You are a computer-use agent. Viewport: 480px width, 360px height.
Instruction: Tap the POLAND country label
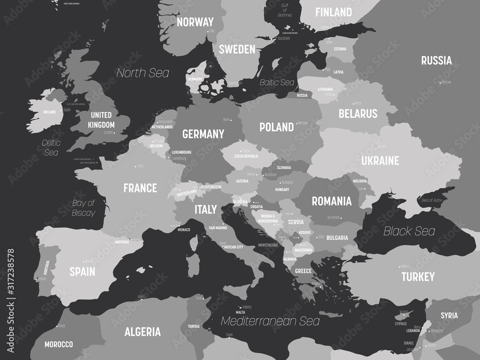[276, 127]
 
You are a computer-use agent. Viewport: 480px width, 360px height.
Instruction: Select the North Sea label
[143, 73]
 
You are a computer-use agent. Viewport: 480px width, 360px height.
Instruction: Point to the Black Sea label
[409, 231]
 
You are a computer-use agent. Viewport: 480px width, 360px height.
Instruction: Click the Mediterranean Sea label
[270, 321]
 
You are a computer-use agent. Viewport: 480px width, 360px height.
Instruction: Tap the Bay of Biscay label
[84, 208]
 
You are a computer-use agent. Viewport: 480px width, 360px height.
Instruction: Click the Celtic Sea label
[50, 147]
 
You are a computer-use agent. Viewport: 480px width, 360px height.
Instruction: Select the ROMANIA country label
[332, 201]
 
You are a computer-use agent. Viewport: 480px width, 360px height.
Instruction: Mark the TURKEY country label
[418, 276]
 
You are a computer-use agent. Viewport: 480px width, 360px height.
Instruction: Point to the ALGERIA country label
[143, 332]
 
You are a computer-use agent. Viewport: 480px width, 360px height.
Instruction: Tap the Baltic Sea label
[276, 83]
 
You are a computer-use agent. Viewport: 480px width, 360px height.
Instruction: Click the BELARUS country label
[358, 114]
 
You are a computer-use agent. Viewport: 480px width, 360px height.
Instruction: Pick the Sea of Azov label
[431, 200]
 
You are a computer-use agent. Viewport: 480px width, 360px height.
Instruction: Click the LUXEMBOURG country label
[181, 152]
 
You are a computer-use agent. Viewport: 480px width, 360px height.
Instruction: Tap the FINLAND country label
[333, 12]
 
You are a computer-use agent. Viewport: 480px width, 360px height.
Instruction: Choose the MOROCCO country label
[59, 344]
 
